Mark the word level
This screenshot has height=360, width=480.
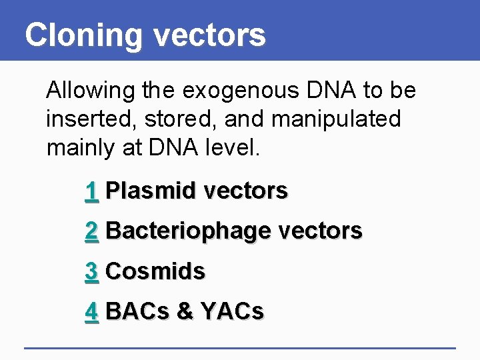[x=234, y=148]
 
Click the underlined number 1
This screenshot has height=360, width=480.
[x=92, y=191]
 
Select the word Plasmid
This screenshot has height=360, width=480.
[x=151, y=191]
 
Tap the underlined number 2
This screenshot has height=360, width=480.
[x=92, y=231]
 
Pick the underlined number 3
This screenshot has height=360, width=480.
[x=92, y=271]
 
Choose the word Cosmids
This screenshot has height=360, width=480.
[x=155, y=271]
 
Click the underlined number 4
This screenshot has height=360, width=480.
[x=92, y=311]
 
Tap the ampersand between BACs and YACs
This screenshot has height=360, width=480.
[x=183, y=311]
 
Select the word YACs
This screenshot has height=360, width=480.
[x=231, y=311]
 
